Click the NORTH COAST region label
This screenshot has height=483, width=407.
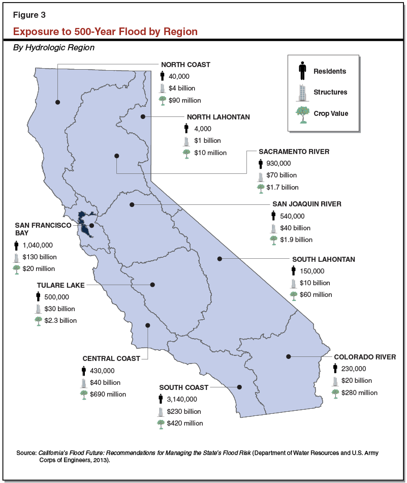pyautogui.click(x=185, y=65)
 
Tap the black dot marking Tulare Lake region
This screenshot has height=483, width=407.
pyautogui.click(x=152, y=285)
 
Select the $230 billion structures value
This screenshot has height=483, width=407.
pyautogui.click(x=184, y=411)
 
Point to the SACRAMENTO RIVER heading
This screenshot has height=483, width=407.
pyautogui.click(x=294, y=152)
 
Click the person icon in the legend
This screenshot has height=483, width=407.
pyautogui.click(x=303, y=71)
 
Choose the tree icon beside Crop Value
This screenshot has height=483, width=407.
pyautogui.click(x=303, y=114)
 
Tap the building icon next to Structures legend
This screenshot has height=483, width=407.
pyautogui.click(x=303, y=92)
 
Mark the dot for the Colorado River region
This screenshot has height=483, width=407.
pyautogui.click(x=288, y=356)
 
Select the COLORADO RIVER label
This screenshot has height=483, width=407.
pyautogui.click(x=364, y=357)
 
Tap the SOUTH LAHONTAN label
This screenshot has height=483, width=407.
pyautogui.click(x=323, y=259)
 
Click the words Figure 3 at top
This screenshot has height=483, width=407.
pyautogui.click(x=29, y=14)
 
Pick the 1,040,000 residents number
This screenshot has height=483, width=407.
pyautogui.click(x=38, y=245)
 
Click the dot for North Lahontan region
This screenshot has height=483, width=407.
pyautogui.click(x=143, y=116)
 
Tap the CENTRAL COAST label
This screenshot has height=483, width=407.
pyautogui.click(x=111, y=358)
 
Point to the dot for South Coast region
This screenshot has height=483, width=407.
pyautogui.click(x=240, y=387)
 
